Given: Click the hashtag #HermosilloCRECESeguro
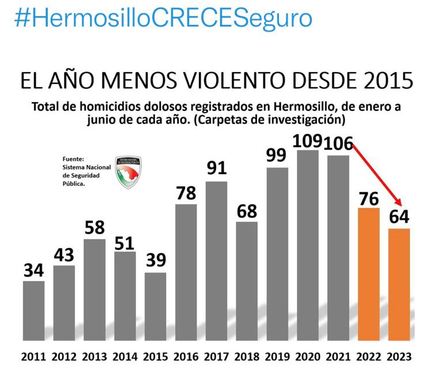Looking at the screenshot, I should pyautogui.click(x=163, y=18).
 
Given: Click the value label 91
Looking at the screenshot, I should pyautogui.click(x=216, y=169).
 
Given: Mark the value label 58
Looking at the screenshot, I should pyautogui.click(x=95, y=227).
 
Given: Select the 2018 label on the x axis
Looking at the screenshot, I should pyautogui.click(x=247, y=356).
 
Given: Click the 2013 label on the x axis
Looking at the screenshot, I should pyautogui.click(x=95, y=356).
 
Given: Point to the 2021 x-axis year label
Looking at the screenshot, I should pyautogui.click(x=338, y=356).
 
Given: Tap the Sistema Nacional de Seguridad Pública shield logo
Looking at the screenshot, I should pyautogui.click(x=129, y=172).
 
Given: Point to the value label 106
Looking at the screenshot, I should pyautogui.click(x=337, y=143).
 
